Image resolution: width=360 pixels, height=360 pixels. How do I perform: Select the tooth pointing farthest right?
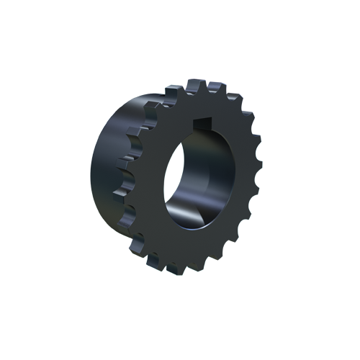(257, 172)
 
